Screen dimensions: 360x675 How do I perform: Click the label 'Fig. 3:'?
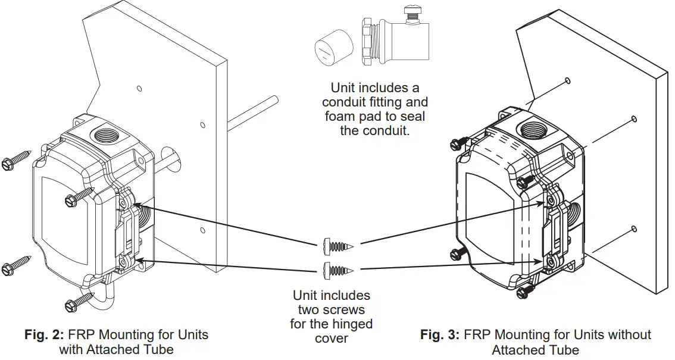click(x=439, y=335)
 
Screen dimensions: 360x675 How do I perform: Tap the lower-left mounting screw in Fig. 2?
click(x=16, y=265)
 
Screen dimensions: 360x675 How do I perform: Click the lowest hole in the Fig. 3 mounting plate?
click(x=633, y=229)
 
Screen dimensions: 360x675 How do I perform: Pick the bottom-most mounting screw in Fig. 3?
click(x=524, y=291)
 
